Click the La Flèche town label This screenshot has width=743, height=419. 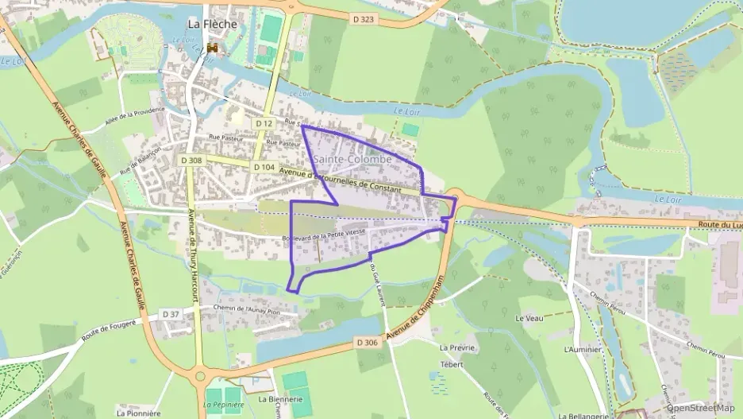pos(212,25)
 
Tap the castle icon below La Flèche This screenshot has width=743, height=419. pos(212,48)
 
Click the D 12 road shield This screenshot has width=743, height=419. pos(264,124)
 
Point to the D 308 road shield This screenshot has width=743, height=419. pos(191,161)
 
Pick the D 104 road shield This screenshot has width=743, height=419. pos(264,168)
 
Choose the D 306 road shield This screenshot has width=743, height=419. pos(367,343)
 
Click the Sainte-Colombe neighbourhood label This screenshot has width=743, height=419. pos(353,160)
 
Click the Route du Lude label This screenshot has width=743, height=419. pos(718,227)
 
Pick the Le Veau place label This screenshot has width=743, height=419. pos(529,318)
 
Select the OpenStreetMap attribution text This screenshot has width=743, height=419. pos(700,408)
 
